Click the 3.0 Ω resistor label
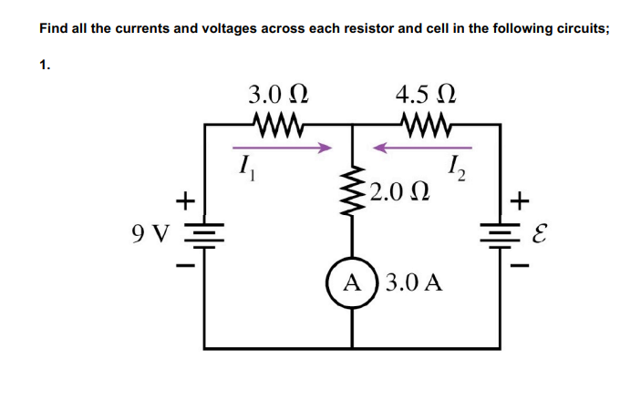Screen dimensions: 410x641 point(279,94)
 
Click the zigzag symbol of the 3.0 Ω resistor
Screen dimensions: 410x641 point(279,122)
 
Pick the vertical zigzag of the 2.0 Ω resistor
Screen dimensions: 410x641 point(354,188)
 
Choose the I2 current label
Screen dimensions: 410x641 point(458,167)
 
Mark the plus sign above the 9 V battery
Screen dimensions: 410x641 point(185,198)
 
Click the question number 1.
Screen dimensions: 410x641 point(43,64)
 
